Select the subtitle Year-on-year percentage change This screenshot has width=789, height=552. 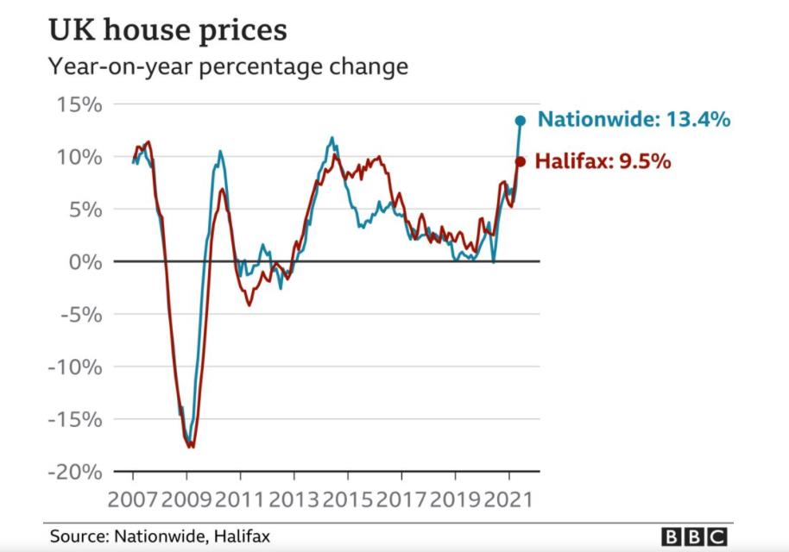(x=228, y=66)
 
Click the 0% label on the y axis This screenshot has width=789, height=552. (x=87, y=261)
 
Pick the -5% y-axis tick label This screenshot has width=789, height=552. (x=84, y=314)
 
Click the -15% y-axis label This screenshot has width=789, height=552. (x=78, y=419)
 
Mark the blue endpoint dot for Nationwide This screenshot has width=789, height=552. (x=521, y=121)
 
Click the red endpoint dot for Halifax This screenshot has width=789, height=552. (x=520, y=161)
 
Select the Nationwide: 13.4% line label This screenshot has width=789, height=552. (x=634, y=120)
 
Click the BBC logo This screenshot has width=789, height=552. (x=693, y=536)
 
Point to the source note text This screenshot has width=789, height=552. (x=160, y=536)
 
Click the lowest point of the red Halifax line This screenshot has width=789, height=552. (x=192, y=447)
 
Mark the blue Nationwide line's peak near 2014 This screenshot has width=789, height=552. (x=332, y=137)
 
